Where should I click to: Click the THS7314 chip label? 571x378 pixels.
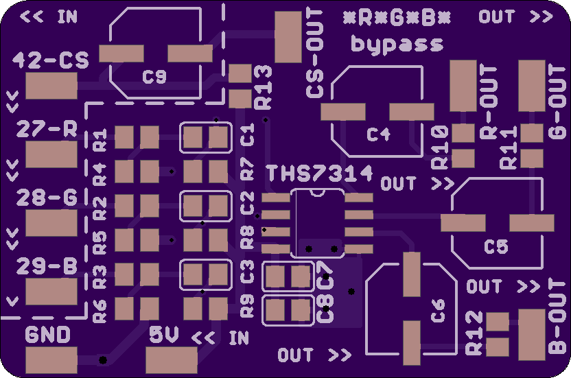[x=319, y=174]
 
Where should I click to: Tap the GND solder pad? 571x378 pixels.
[x=51, y=360]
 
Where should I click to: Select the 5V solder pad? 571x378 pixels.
[x=172, y=360]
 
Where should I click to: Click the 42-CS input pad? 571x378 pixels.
[x=51, y=86]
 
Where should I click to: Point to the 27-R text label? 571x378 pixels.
[x=47, y=129]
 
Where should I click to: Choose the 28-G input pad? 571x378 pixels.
[x=51, y=223]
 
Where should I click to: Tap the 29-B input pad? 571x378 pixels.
[x=51, y=292]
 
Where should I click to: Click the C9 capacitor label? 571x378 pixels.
[x=154, y=77]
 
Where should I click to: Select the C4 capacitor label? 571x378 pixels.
[x=379, y=134]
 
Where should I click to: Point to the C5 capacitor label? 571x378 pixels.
[x=496, y=247]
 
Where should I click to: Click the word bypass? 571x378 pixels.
[x=397, y=45]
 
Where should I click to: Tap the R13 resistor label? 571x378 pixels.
[x=264, y=87]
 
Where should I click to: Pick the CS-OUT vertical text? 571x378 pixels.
[x=315, y=54]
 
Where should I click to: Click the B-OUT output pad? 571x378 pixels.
[x=532, y=335]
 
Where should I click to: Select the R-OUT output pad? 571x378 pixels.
[x=463, y=86]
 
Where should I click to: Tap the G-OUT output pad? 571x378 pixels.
[x=532, y=86]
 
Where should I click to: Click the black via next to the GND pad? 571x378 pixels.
[x=103, y=360]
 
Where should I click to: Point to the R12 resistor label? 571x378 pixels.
[x=474, y=333]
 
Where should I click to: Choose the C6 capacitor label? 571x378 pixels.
[x=438, y=310]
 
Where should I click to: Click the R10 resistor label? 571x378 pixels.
[x=440, y=147]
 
